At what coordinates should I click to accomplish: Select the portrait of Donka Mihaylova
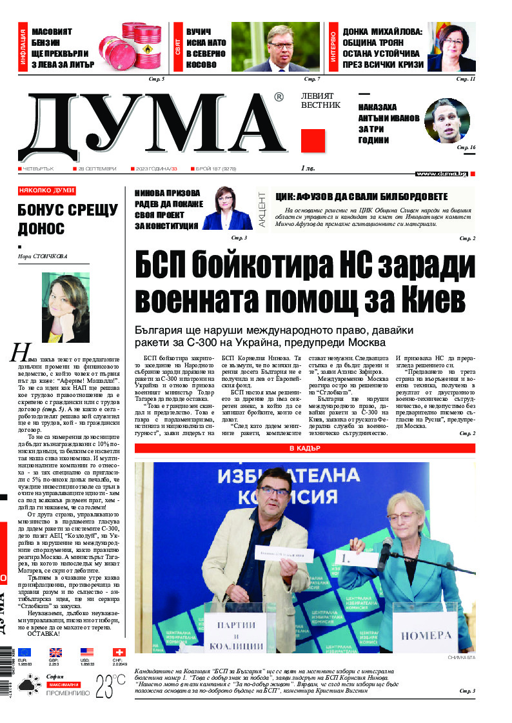tap(451, 46)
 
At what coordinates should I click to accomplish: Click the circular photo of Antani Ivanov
tap(446, 120)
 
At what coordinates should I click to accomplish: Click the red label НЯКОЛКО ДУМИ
tap(46, 190)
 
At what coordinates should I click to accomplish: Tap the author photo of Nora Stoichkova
tap(65, 299)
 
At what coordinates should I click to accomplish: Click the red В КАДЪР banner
tap(304, 449)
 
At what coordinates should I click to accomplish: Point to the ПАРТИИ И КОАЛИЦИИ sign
tap(240, 635)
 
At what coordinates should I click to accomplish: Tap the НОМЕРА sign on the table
tap(426, 635)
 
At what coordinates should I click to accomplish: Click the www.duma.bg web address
tap(441, 174)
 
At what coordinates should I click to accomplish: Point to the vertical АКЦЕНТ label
tap(262, 209)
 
